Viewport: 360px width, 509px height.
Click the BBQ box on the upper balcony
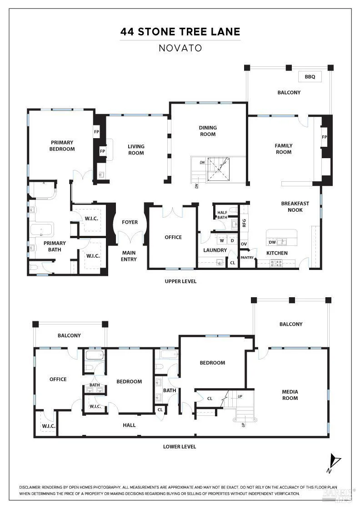pos(310,77)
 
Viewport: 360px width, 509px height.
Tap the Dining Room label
pos(208,131)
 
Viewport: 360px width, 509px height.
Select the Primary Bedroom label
pos(62,145)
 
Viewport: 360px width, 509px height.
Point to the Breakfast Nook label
pos(295,207)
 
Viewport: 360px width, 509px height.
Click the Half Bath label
pos(222,215)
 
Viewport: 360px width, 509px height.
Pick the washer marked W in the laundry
pos(222,241)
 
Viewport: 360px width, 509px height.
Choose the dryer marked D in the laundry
pos(232,241)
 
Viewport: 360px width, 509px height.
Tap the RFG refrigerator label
pos(244,223)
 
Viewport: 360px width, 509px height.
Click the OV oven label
pos(244,244)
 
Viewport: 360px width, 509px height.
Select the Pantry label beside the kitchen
pos(247,257)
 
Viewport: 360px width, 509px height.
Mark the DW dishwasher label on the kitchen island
pos(272,242)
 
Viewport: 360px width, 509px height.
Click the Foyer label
pos(130,222)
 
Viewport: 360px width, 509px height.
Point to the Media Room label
pos(290,395)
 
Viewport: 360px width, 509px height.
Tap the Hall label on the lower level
pos(129,425)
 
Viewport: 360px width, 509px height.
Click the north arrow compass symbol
pos(334,462)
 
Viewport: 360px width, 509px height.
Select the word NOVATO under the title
pos(180,48)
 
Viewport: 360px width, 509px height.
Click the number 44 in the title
pos(127,31)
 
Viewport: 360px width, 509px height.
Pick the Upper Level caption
pos(180,281)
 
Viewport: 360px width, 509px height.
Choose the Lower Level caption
pos(180,447)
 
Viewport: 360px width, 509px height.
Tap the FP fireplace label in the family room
pos(324,137)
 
